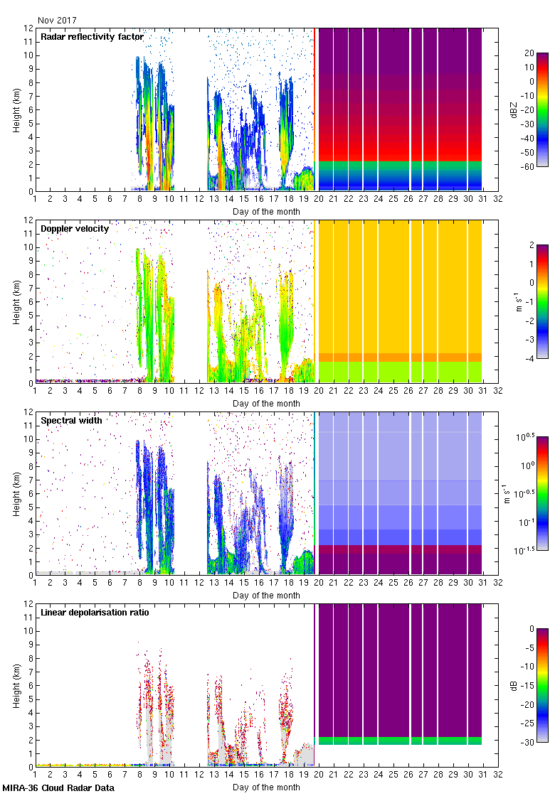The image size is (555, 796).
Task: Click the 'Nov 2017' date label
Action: (58, 21)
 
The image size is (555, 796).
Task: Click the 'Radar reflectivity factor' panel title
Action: (92, 37)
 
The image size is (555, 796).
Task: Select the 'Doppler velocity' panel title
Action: (75, 229)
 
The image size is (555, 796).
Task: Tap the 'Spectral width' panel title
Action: (71, 421)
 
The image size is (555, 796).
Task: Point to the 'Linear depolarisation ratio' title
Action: (95, 613)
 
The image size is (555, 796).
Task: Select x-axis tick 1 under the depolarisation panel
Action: (35, 776)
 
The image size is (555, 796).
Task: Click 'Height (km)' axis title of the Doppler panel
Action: (16, 302)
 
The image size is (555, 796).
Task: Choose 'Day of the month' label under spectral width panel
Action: (266, 595)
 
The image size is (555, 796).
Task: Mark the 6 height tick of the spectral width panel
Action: (31, 494)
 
